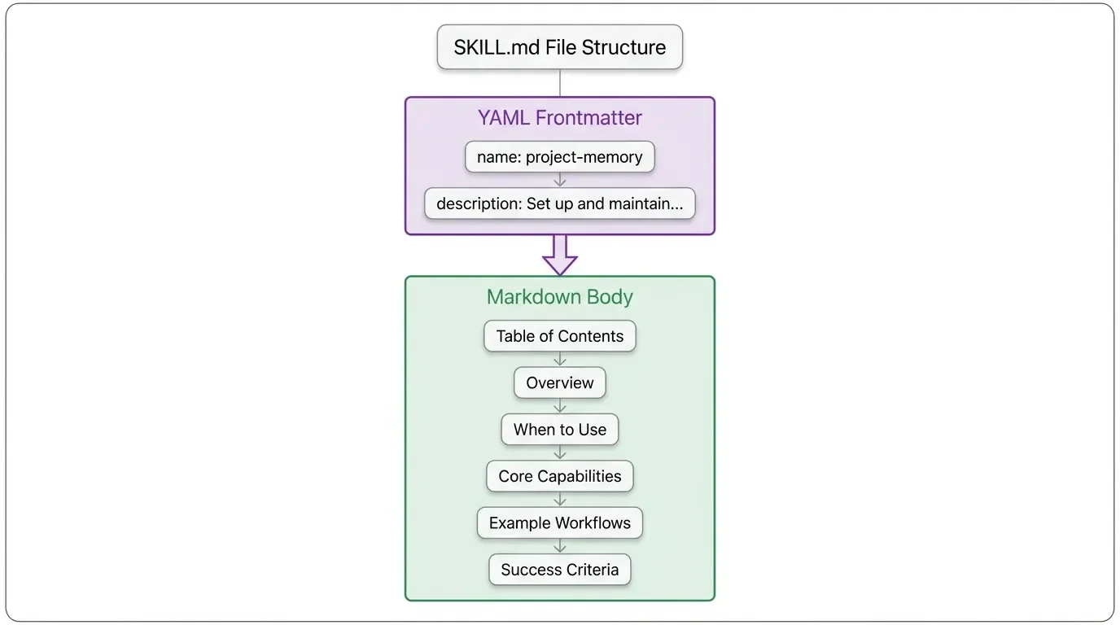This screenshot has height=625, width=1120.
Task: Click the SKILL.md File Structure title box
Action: pos(560,47)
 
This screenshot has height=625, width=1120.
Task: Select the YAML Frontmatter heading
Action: pos(560,118)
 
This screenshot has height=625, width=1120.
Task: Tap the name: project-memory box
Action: pos(560,157)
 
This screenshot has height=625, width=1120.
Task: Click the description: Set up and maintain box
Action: pos(560,203)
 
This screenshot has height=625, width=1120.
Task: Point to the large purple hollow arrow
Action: pos(560,255)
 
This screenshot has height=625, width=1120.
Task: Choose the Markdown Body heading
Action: pos(560,297)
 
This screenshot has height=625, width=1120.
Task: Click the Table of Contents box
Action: pos(560,336)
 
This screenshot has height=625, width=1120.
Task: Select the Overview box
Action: pos(560,382)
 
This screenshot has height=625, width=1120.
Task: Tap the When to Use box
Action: pos(560,430)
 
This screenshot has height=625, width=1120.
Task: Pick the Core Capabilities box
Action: pos(560,476)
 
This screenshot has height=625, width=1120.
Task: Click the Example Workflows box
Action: pos(560,522)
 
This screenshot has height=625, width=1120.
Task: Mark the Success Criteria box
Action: pos(560,570)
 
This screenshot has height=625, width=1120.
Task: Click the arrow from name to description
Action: pos(560,180)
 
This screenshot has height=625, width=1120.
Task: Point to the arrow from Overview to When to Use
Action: pos(560,406)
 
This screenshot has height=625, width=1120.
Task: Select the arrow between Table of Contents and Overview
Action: pos(560,359)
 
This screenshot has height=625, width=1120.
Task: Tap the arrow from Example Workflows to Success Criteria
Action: pos(560,546)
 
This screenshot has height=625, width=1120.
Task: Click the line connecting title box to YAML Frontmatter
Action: pos(560,83)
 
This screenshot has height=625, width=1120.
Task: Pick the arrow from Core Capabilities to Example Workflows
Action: pos(560,500)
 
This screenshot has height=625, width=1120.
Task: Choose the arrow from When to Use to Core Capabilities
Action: pos(560,452)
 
